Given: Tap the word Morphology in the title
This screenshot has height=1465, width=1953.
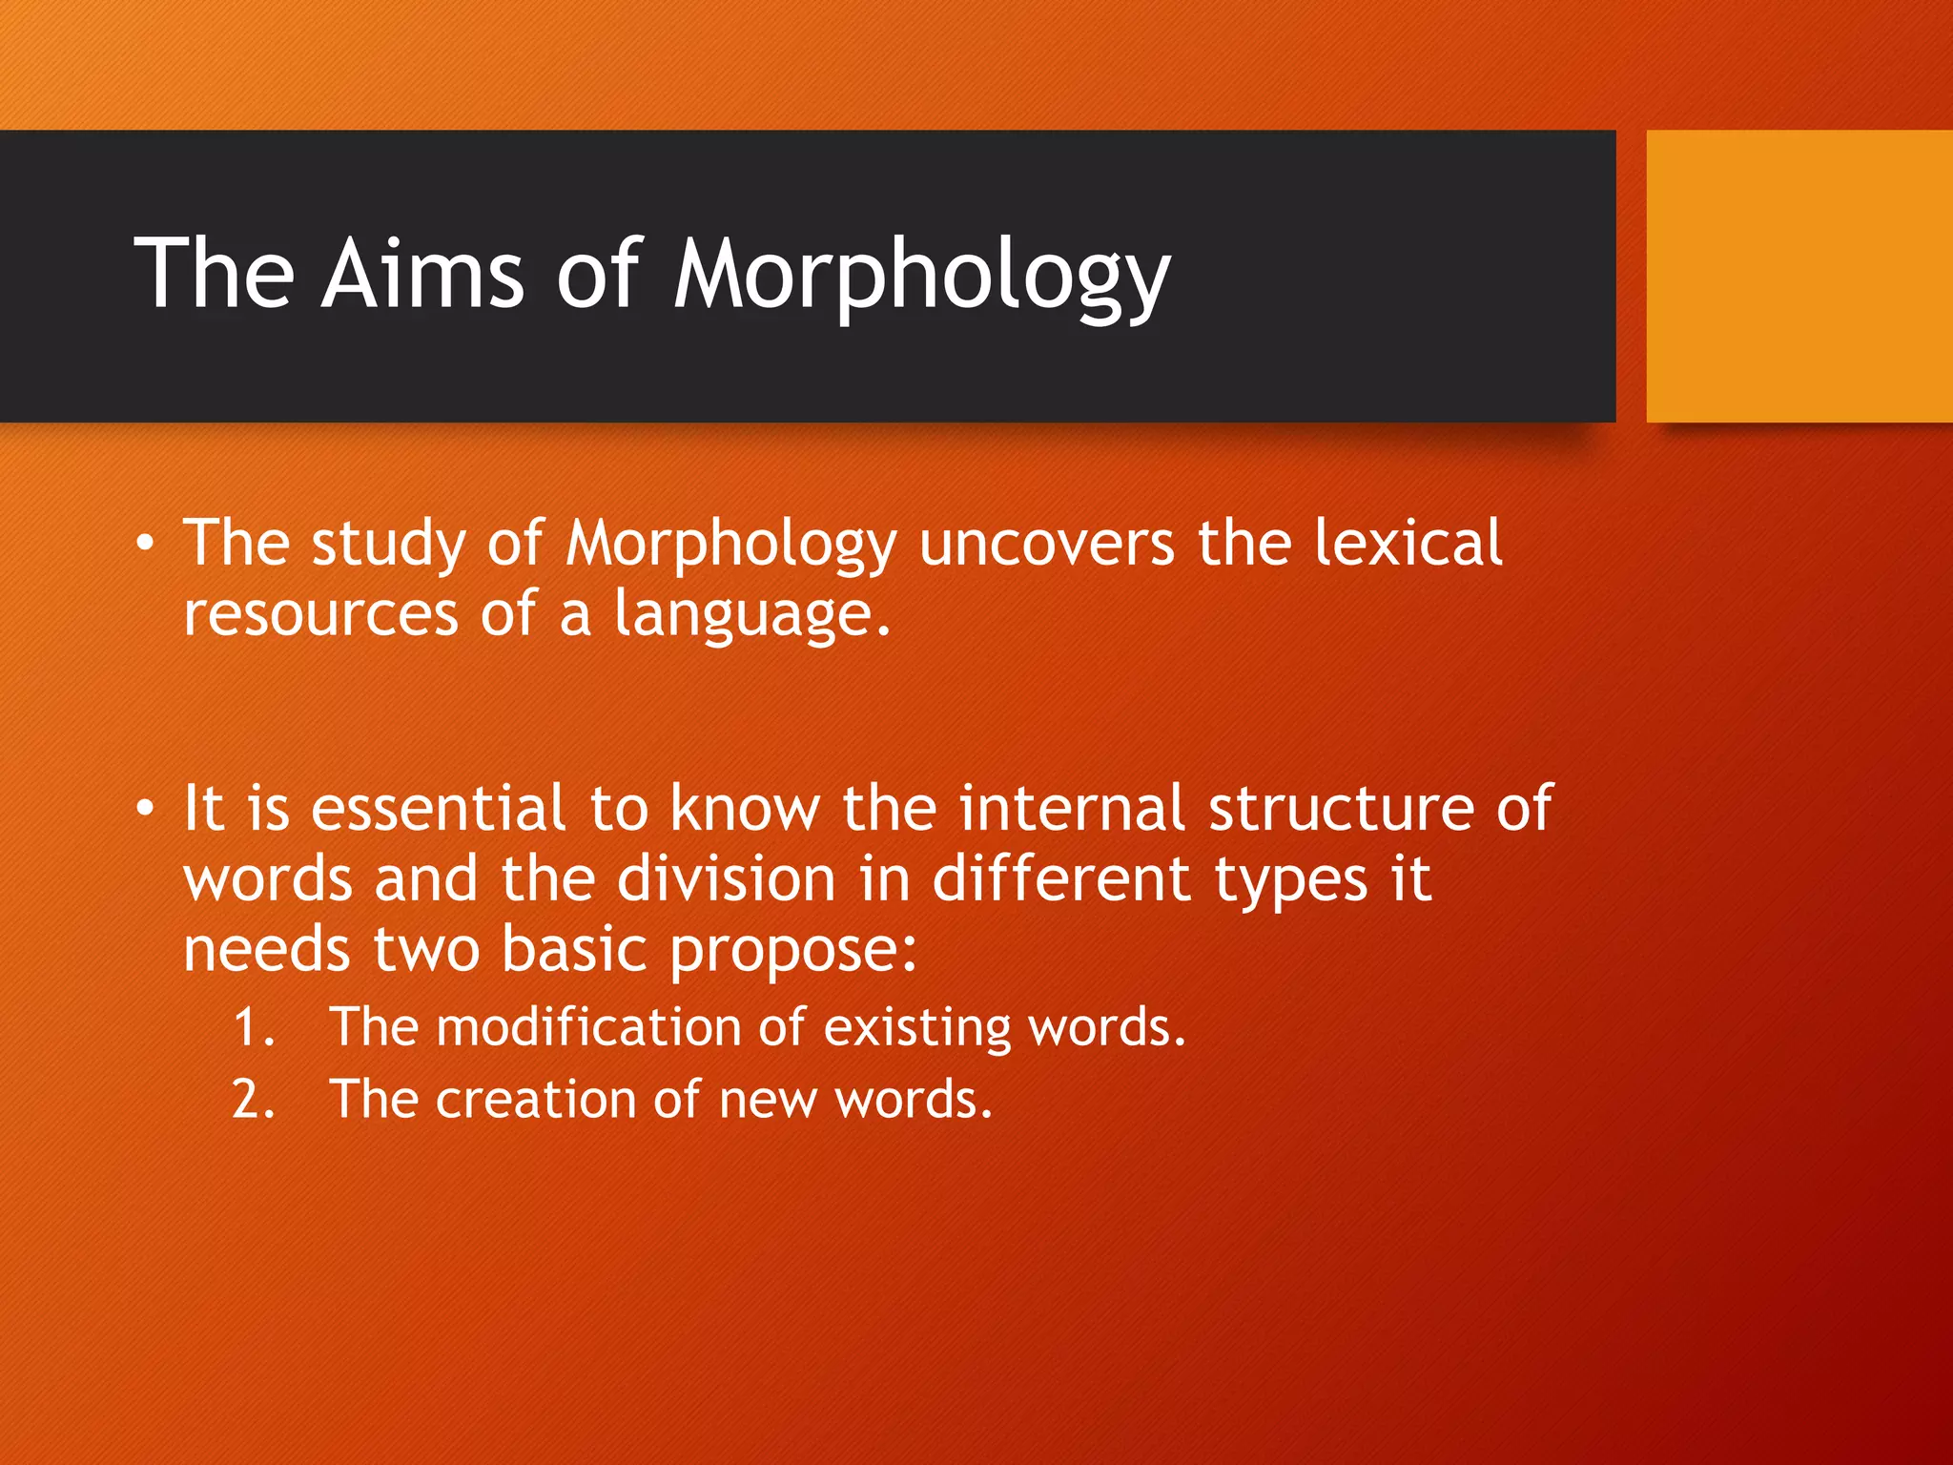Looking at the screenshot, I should [921, 277].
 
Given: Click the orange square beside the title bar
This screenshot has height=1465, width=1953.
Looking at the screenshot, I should [1799, 277].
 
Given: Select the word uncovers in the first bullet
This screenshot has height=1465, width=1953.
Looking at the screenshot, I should [1046, 544].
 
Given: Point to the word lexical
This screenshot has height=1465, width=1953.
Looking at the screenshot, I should [1408, 544].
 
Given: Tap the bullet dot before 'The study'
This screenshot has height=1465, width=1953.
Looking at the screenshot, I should [144, 544].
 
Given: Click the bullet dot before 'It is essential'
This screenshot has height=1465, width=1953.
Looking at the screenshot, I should [144, 809].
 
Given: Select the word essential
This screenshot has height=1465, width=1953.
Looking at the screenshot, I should [439, 809].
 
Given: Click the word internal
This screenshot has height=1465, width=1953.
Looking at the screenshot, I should [1072, 809].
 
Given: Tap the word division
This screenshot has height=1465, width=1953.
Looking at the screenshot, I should [726, 879].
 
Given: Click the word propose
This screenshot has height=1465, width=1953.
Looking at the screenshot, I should [792, 952].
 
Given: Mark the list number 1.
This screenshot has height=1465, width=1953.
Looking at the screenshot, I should [252, 1028].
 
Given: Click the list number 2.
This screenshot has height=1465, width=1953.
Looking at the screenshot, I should [252, 1100].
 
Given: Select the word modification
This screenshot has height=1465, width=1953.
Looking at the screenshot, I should [588, 1028].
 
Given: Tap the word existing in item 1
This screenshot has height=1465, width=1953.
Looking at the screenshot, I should [916, 1028].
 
